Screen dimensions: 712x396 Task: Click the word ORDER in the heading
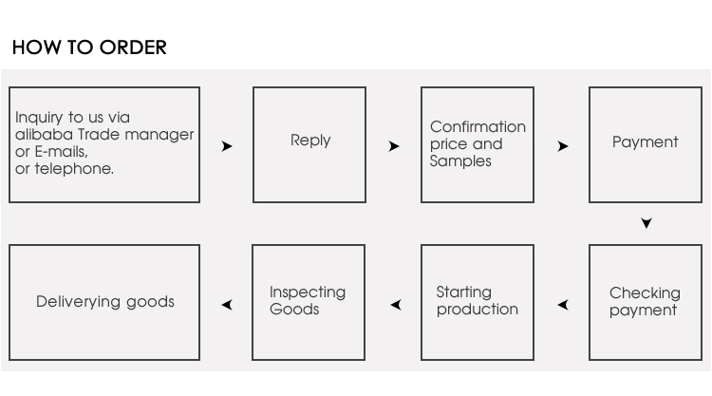133,47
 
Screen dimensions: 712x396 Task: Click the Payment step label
645,141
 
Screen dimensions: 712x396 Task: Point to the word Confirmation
478,126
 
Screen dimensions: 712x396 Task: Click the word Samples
460,161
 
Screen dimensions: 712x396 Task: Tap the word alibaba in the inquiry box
44,135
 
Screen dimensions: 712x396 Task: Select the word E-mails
62,151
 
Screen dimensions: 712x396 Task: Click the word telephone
74,168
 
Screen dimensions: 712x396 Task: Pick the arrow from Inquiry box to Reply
227,146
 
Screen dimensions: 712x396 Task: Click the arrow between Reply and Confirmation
394,146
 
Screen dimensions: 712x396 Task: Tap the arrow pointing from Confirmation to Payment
563,146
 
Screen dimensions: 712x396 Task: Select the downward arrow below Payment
646,222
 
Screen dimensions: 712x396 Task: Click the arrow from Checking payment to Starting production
563,304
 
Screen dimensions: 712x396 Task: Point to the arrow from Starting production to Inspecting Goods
396,304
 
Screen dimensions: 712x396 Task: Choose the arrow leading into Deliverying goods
227,304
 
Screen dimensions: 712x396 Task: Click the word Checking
645,293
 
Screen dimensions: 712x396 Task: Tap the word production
478,310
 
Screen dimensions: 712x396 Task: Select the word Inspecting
308,292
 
